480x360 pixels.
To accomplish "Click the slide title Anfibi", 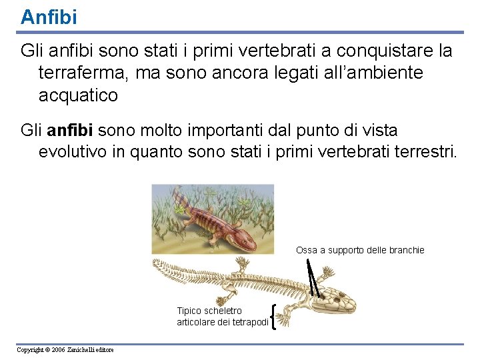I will pyautogui.click(x=49, y=17).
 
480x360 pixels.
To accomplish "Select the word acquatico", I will pyautogui.click(x=78, y=95).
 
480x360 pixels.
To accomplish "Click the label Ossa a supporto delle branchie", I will pyautogui.click(x=360, y=250).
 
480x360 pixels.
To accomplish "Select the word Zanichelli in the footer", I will pyautogui.click(x=81, y=350).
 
